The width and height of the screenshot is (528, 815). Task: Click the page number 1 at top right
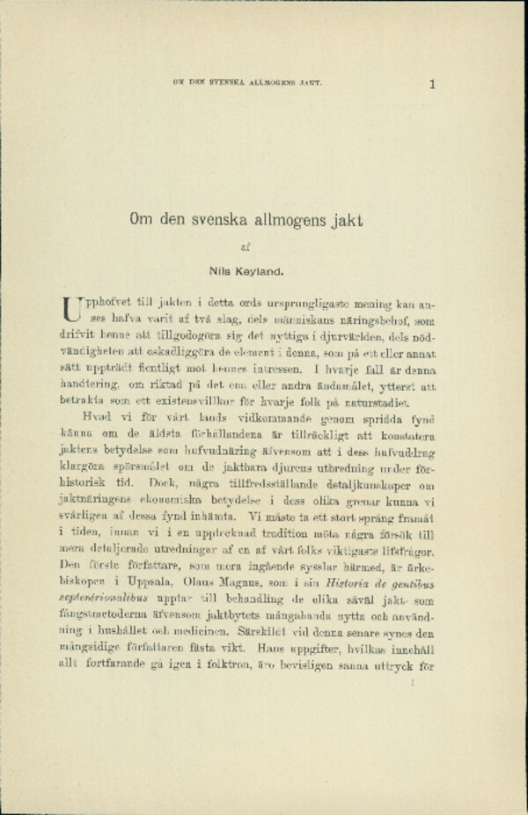pos(433,84)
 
